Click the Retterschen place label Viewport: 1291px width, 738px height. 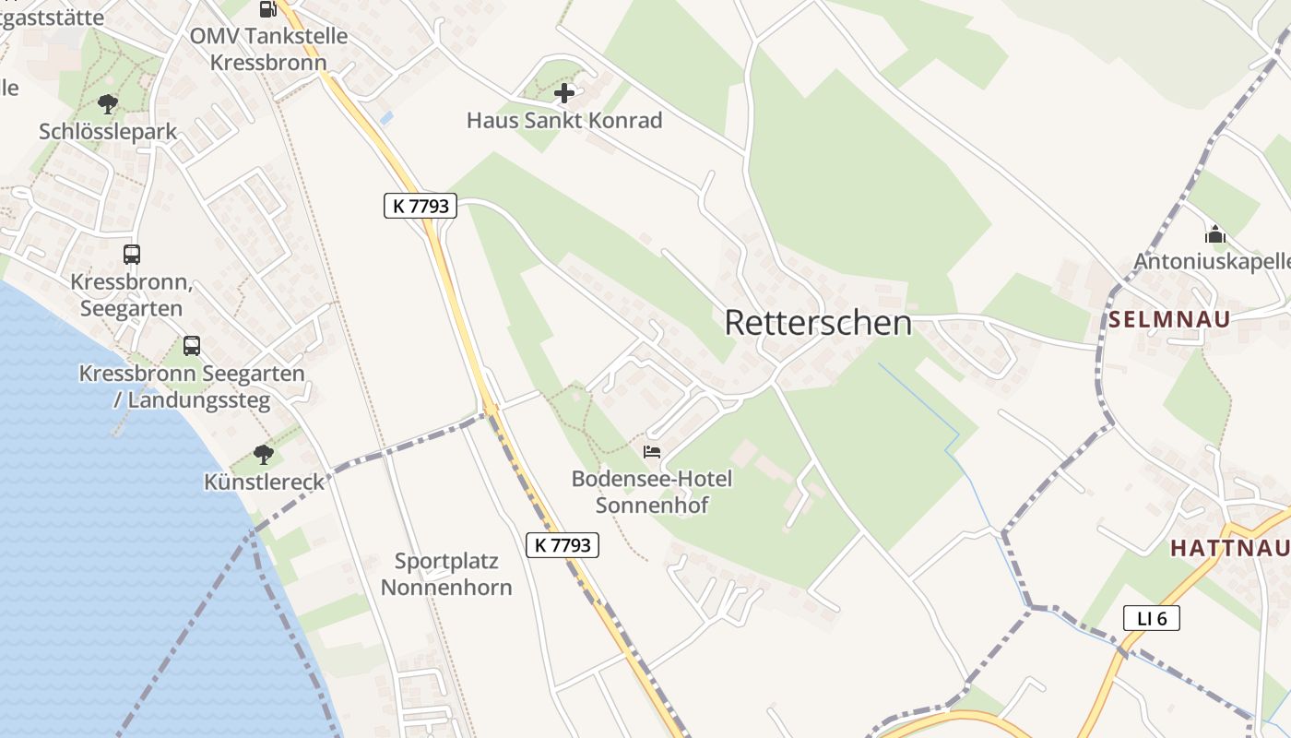click(x=818, y=323)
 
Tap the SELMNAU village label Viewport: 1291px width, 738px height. click(x=1169, y=320)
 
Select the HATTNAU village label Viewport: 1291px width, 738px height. click(x=1229, y=548)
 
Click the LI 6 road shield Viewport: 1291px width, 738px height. click(x=1152, y=618)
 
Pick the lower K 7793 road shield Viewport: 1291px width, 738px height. click(x=563, y=545)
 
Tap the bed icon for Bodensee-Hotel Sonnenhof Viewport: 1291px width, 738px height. click(x=652, y=452)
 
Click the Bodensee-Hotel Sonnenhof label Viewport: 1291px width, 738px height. click(x=652, y=492)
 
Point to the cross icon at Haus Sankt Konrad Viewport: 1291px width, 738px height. click(x=564, y=92)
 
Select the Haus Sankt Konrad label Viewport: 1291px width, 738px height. click(x=564, y=120)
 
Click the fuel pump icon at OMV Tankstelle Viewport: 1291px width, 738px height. click(x=267, y=9)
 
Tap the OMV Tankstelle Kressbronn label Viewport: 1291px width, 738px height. click(x=268, y=49)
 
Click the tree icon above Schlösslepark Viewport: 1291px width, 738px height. click(x=108, y=103)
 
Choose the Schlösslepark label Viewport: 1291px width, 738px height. click(x=108, y=132)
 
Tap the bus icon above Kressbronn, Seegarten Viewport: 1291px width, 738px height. click(x=132, y=254)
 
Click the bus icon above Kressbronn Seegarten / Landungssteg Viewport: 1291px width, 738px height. click(x=192, y=346)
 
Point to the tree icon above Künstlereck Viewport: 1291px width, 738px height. click(x=264, y=454)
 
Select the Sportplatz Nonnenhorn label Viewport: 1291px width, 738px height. click(x=446, y=574)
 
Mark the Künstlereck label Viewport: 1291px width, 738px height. click(x=265, y=482)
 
